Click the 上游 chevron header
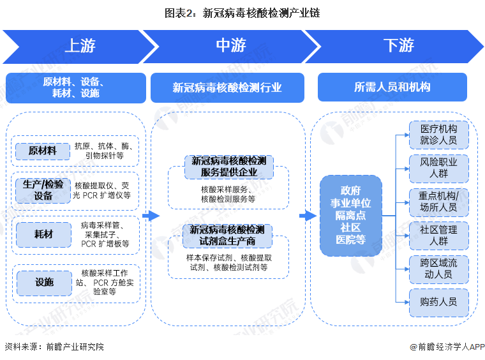click(79, 45)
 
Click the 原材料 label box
click(43, 151)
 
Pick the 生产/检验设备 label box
click(43, 190)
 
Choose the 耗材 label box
click(43, 234)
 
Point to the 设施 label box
click(43, 282)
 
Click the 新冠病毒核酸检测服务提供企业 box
click(228, 166)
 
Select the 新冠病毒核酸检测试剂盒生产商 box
click(228, 235)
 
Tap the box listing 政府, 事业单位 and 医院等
click(351, 215)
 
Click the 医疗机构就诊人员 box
click(438, 133)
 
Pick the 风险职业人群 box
click(438, 167)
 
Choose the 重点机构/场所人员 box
click(438, 201)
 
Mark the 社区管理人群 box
click(438, 235)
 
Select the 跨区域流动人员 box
click(438, 268)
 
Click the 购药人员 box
click(438, 302)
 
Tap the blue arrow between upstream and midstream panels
click(151, 216)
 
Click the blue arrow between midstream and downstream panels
click(308, 216)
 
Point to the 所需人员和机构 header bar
click(392, 87)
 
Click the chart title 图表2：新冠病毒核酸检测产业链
click(242, 12)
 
